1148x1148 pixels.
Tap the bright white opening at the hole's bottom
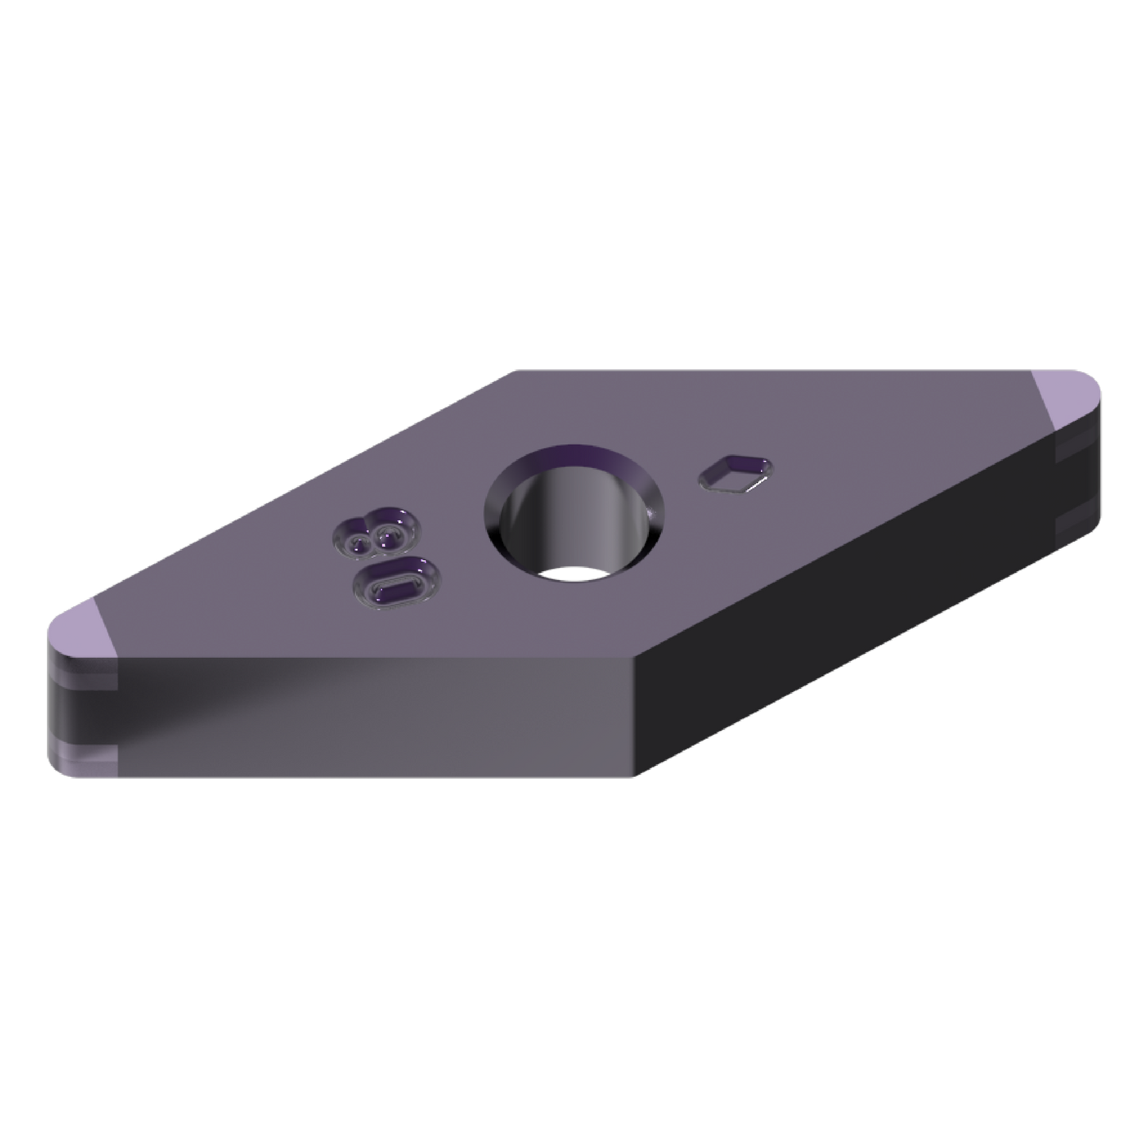[570, 574]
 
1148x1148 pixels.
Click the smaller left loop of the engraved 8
[358, 543]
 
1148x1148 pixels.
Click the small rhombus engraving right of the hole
[736, 474]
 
